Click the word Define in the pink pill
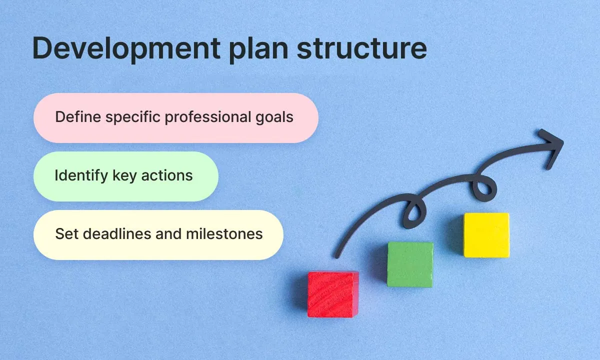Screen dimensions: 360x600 pos(74,117)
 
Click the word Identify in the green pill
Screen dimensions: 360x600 pos(76,176)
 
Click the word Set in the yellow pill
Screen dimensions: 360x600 pos(64,233)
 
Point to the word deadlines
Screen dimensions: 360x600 pos(113,233)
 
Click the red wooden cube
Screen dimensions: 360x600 pos(333,294)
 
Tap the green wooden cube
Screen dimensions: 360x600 pos(410,264)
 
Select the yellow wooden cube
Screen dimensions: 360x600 pos(486,235)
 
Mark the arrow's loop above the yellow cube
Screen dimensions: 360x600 pos(484,189)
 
